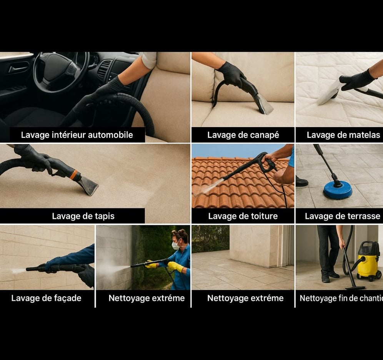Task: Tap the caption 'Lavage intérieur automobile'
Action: pyautogui.click(x=77, y=135)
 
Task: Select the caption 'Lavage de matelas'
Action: pyautogui.click(x=343, y=135)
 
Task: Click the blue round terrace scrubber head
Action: pyautogui.click(x=338, y=190)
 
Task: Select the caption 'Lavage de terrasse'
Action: pyautogui.click(x=343, y=216)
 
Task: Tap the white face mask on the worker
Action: pyautogui.click(x=176, y=245)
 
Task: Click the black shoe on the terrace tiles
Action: pyautogui.click(x=301, y=182)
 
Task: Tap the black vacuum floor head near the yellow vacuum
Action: pyautogui.click(x=355, y=287)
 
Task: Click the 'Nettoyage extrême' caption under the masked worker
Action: pyautogui.click(x=147, y=298)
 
